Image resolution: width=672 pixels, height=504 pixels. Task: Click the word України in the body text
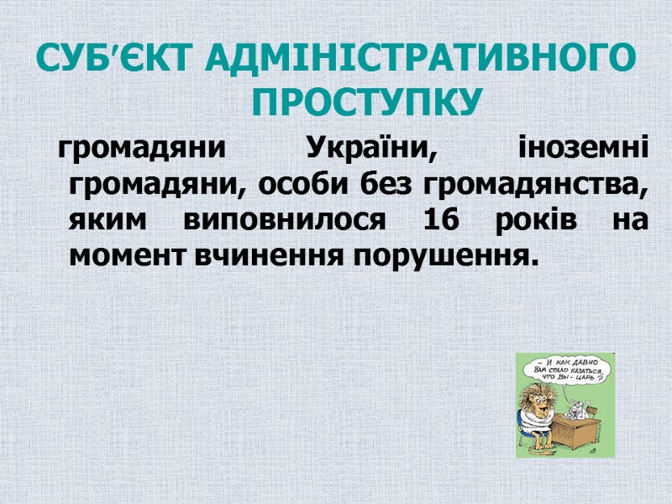pyautogui.click(x=370, y=150)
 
